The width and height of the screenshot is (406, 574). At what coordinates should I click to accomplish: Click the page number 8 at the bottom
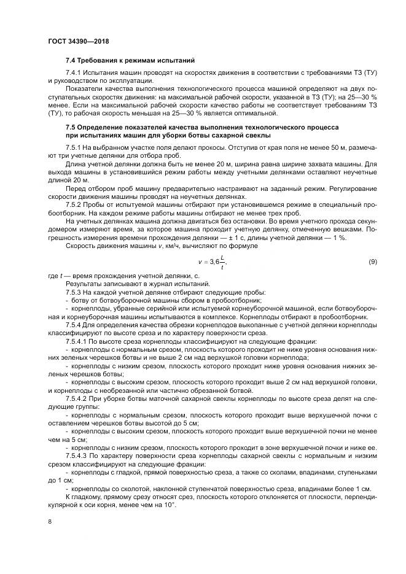pyautogui.click(x=50, y=521)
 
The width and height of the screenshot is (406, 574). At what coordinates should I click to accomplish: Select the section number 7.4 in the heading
pyautogui.click(x=71, y=61)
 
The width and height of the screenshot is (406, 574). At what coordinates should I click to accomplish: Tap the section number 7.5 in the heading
pyautogui.click(x=71, y=127)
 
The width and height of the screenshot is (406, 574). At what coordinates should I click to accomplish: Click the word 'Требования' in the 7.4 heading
pyautogui.click(x=101, y=61)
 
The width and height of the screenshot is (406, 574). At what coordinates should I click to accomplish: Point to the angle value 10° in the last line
pyautogui.click(x=169, y=504)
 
